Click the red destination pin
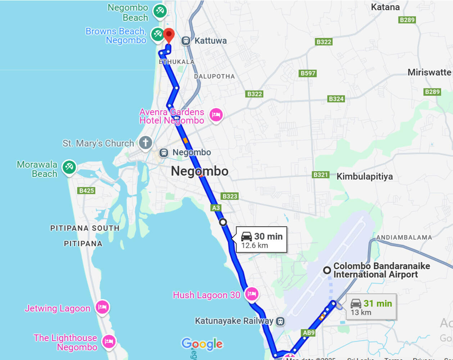pos(169,35)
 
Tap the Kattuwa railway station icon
pos(186,41)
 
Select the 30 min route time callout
pos(262,240)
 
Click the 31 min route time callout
pos(371,307)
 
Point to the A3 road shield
pos(216,208)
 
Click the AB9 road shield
pos(309,333)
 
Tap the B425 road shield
pos(86,190)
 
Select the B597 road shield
pos(308,73)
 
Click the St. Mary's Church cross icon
pos(145,143)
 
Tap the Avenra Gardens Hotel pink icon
pos(216,115)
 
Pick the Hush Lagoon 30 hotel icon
pos(252,294)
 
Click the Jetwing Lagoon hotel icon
pos(102,307)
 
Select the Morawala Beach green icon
pos(69,167)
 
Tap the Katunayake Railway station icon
pos(280,321)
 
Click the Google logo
pos(202,344)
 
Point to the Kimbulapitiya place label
pos(364,176)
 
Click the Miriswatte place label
pos(429,72)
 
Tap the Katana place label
pos(385,7)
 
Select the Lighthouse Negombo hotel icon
pos(109,341)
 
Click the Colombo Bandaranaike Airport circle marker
pos(327,270)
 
